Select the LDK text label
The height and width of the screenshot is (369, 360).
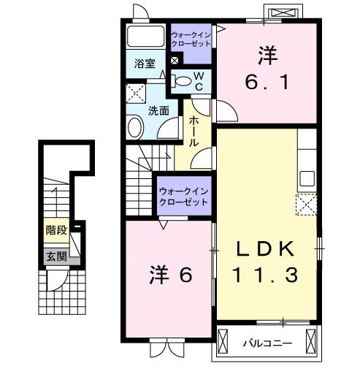267,249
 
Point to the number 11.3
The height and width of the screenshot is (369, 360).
266,275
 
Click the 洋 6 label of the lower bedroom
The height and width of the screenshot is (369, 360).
172,275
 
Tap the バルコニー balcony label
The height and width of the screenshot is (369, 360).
268,342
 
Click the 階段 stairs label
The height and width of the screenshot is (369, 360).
55,230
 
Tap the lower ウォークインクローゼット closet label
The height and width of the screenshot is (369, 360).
183,195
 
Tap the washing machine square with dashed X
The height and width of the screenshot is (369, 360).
135,94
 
